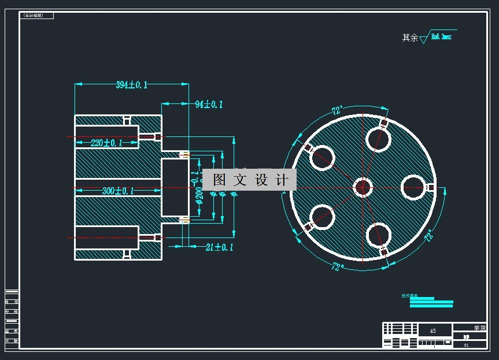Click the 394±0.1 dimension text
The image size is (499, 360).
131,85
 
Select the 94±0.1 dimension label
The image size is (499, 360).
208,105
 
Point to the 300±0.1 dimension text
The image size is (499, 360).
118,191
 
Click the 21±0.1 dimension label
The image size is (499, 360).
219,247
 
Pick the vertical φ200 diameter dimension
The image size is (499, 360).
199,195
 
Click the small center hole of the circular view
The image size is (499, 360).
363,187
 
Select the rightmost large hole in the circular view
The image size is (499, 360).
413,186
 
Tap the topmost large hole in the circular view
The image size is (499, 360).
378,139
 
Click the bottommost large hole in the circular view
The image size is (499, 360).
378,235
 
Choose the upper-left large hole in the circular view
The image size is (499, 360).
323,157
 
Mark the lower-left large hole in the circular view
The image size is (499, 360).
322,217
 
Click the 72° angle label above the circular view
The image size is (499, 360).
337,110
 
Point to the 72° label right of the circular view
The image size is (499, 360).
428,236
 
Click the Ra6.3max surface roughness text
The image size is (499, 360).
441,36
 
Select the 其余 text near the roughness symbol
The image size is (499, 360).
410,38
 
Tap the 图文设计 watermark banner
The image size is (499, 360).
249,180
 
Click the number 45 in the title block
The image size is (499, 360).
433,331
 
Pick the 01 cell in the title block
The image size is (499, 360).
467,345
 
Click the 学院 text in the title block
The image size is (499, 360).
479,328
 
